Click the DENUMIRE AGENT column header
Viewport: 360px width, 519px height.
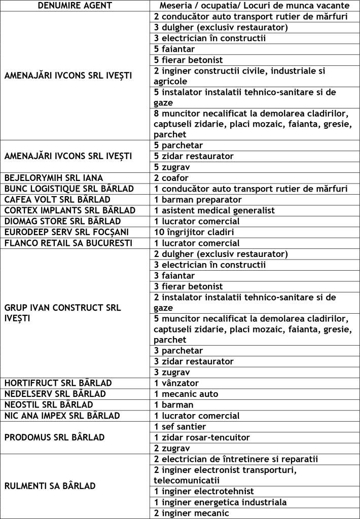point(75,6)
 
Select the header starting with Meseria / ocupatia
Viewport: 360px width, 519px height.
point(255,6)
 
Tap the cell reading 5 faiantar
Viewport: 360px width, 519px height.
point(174,49)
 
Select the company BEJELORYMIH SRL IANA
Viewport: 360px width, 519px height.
point(54,178)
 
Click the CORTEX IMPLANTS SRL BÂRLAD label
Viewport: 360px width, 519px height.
point(70,210)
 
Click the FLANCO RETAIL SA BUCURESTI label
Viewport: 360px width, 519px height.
point(68,243)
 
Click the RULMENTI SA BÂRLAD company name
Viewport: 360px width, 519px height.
point(50,486)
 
